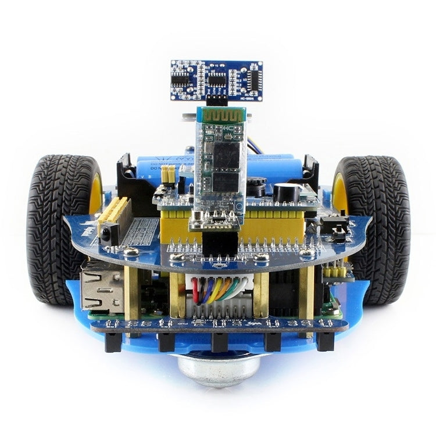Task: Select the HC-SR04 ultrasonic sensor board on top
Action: pyautogui.click(x=216, y=79)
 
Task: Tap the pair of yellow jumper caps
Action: pyautogui.click(x=169, y=174)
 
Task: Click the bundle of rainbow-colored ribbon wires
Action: pyautogui.click(x=217, y=290)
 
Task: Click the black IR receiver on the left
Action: pyautogui.click(x=109, y=234)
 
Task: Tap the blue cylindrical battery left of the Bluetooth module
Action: pyautogui.click(x=166, y=166)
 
